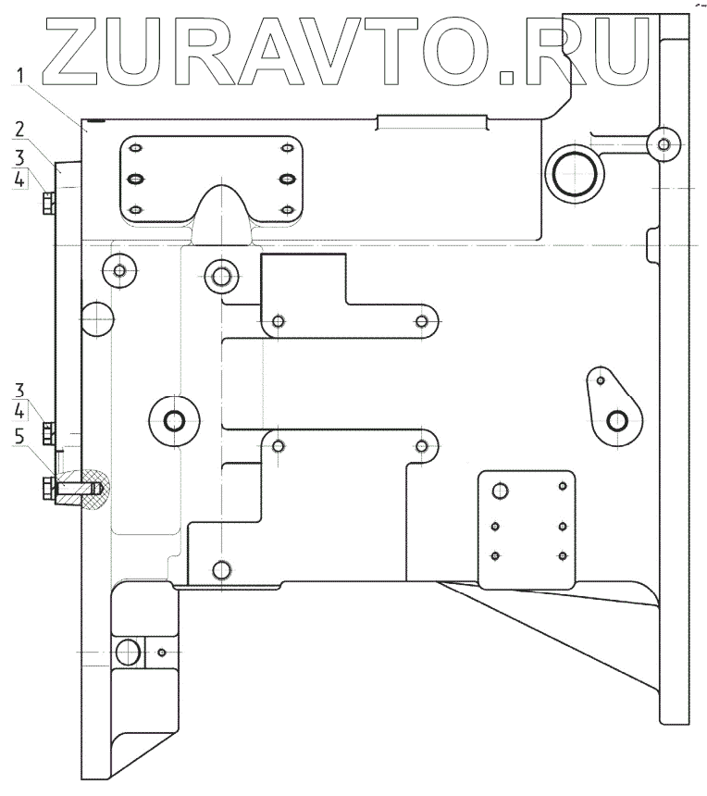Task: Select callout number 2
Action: click(19, 129)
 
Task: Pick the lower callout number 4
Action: click(19, 408)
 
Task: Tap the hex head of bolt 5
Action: click(47, 488)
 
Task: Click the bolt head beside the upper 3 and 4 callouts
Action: click(48, 202)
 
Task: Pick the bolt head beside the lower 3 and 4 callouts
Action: click(48, 431)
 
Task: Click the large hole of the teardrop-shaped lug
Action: click(617, 421)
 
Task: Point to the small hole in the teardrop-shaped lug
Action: click(601, 380)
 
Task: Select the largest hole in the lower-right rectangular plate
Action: click(501, 491)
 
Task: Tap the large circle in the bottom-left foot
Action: click(129, 653)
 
